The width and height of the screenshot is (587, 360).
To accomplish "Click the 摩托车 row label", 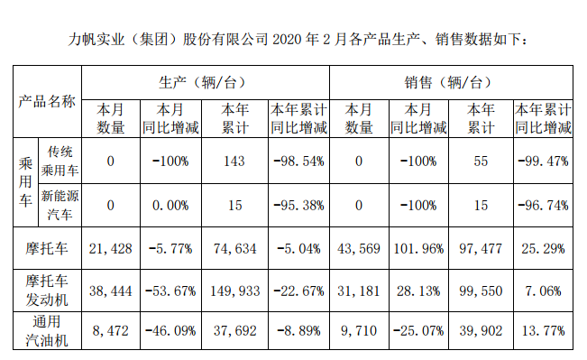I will coord(47,245).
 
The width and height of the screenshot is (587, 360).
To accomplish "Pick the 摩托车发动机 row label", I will coord(47,289).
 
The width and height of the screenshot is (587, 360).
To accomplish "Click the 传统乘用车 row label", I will coord(60,160).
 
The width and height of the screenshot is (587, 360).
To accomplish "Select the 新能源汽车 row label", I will coord(60,206).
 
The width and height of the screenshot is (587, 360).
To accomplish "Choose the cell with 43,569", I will coord(358,245).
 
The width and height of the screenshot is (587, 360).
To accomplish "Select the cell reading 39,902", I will coord(482,330).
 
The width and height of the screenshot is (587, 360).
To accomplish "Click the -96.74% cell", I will coord(544,206).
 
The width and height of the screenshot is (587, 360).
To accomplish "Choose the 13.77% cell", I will coord(544,330).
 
